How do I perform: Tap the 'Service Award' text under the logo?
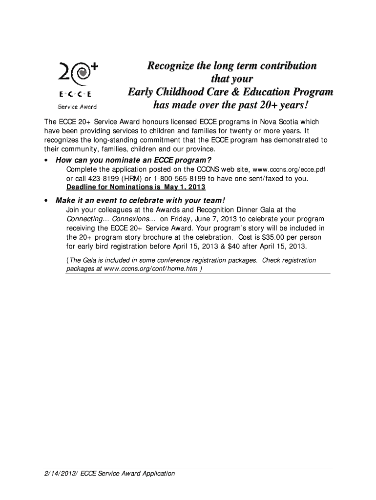pyautogui.click(x=77, y=107)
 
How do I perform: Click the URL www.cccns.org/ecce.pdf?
pyautogui.click(x=288, y=170)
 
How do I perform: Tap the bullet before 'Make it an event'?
pyautogui.click(x=45, y=201)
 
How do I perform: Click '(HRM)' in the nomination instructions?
pyautogui.click(x=121, y=179)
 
